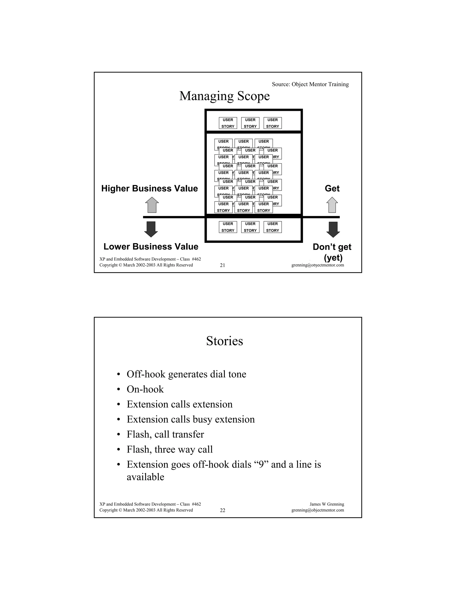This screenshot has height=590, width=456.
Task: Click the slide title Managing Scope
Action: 224,96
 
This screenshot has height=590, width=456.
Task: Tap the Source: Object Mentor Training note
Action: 310,84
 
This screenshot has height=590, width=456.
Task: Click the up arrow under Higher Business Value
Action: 152,205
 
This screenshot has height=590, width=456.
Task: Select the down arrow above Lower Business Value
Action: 151,229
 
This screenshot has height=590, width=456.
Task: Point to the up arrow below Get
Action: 332,205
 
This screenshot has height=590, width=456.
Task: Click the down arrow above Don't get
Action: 333,229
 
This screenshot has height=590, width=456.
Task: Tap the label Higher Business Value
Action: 149,188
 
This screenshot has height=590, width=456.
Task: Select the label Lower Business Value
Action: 151,246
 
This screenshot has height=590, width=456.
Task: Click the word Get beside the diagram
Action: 332,188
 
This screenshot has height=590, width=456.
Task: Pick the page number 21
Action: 222,265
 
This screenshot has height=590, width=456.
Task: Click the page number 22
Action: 222,510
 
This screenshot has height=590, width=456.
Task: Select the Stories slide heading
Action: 224,341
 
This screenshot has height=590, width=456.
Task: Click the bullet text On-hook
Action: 145,389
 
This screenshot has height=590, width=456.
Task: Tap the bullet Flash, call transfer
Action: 165,434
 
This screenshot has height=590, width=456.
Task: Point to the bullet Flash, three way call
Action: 170,450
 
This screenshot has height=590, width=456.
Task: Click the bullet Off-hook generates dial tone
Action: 186,374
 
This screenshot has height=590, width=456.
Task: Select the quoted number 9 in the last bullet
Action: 261,465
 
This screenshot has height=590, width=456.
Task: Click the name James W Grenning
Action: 327,504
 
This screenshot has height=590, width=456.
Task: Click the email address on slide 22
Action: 318,510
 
